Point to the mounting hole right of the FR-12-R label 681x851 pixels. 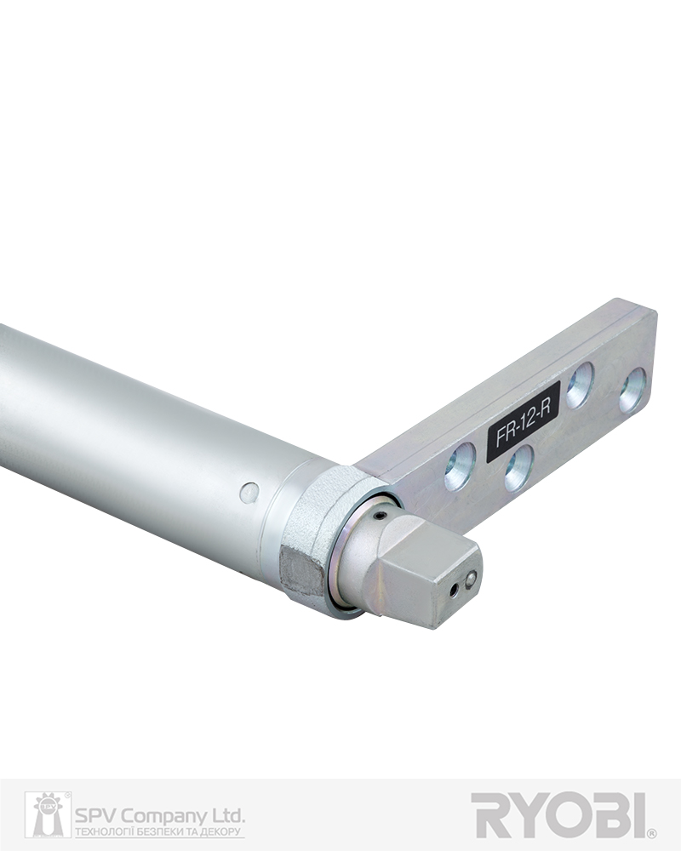(x=580, y=385)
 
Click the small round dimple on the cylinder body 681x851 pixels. (x=249, y=492)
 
